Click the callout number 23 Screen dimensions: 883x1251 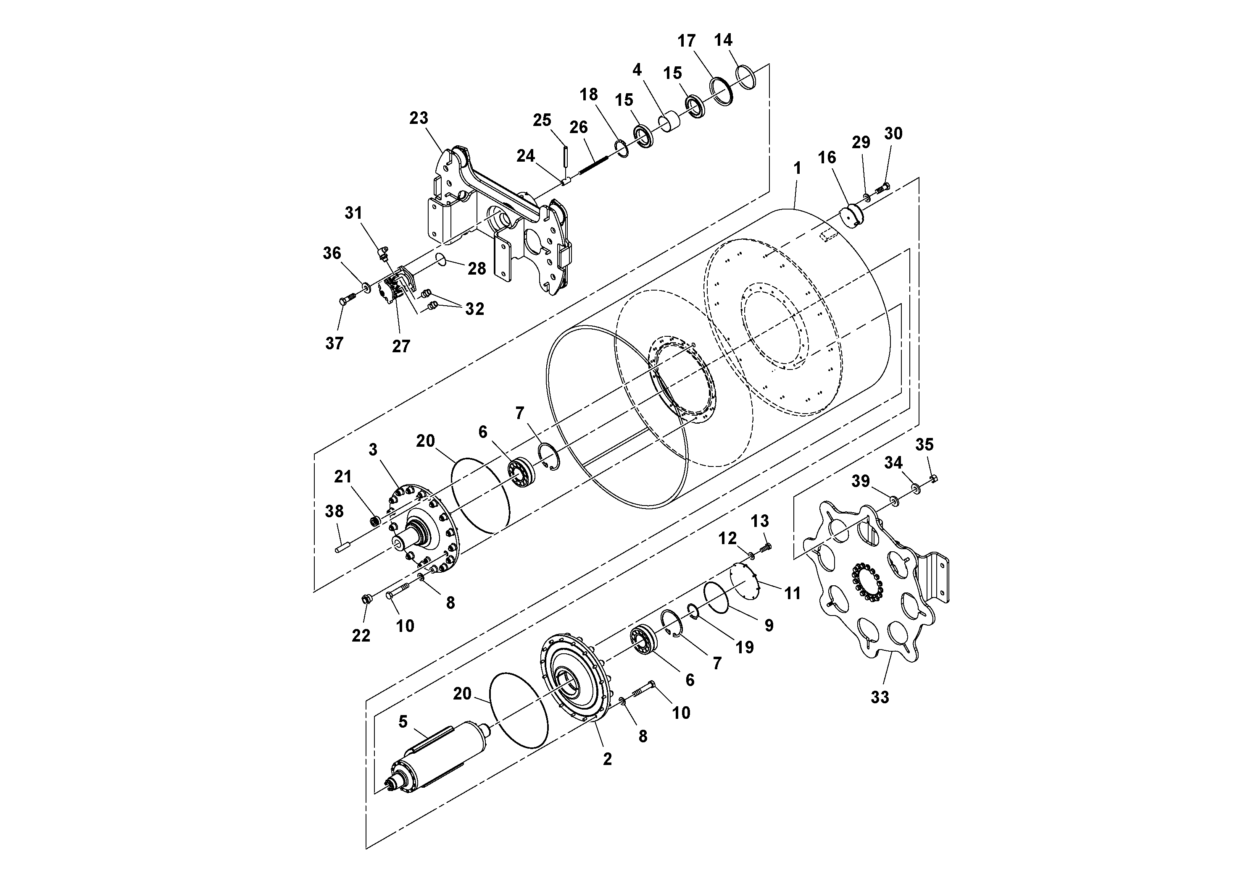point(419,118)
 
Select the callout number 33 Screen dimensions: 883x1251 point(880,697)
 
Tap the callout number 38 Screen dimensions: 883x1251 point(334,511)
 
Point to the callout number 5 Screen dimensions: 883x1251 point(403,722)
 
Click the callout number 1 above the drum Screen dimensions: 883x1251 point(797,169)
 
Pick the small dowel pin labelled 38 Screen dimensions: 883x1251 point(342,545)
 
